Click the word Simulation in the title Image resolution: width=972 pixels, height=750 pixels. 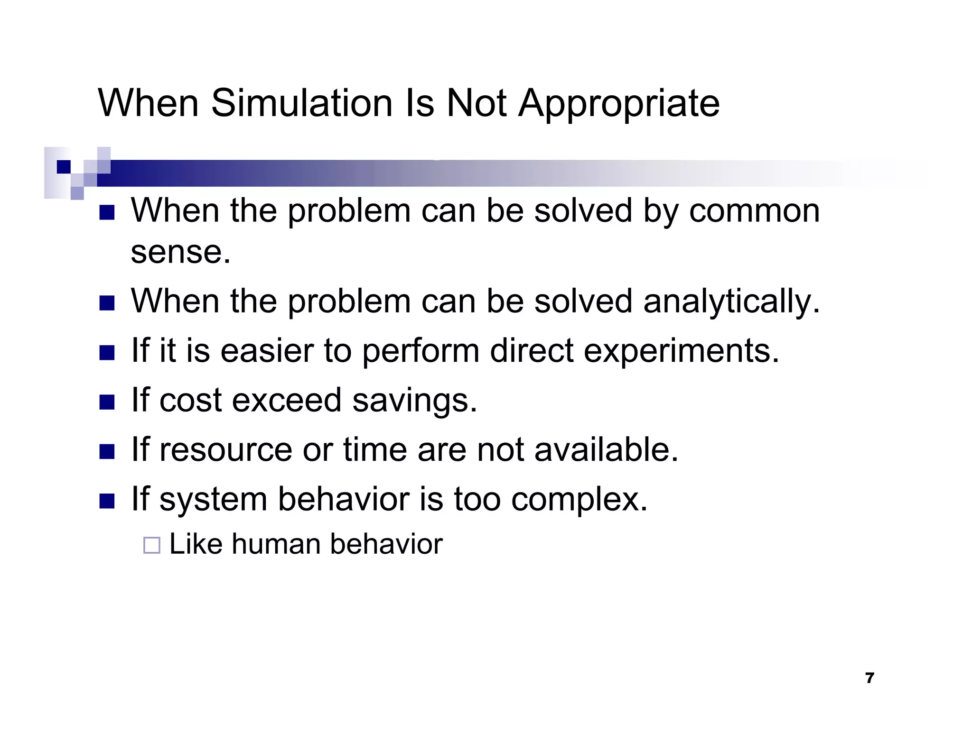302,103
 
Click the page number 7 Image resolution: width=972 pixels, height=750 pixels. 869,678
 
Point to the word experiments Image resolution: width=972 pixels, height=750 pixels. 681,352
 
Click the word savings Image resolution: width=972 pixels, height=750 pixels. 414,401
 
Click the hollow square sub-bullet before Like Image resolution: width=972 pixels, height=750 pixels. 152,545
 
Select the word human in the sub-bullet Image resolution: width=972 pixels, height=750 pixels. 276,544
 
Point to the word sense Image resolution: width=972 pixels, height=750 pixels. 180,252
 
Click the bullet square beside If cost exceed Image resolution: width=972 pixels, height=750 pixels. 107,402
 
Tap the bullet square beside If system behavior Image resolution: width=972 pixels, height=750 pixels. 107,501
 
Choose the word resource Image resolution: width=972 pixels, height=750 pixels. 226,450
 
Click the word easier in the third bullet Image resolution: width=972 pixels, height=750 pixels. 267,351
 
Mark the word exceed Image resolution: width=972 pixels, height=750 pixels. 287,401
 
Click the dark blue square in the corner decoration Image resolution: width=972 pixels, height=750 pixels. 64,167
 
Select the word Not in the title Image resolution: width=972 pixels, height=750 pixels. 477,103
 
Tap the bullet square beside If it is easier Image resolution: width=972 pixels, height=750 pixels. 107,353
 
